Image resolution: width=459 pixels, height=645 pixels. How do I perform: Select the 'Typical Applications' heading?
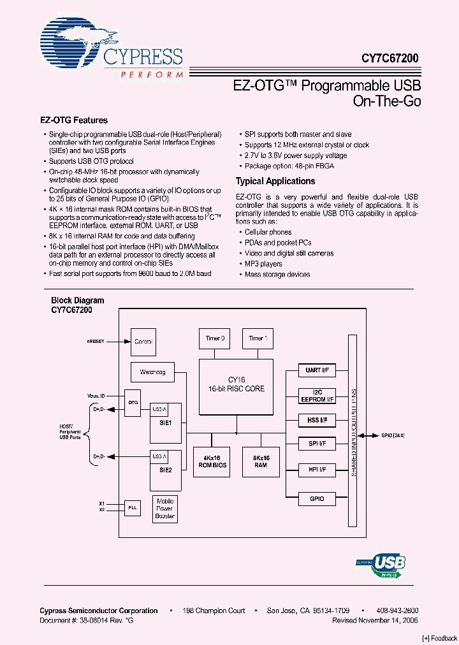275,181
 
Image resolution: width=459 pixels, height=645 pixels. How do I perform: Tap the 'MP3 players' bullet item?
263,264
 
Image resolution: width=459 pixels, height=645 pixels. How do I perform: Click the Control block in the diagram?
143,342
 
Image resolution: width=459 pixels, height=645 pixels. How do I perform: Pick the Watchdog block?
152,372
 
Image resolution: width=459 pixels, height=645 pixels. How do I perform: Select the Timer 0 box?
214,338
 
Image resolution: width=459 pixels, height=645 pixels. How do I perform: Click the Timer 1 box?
258,338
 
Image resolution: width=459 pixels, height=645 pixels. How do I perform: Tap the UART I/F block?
317,370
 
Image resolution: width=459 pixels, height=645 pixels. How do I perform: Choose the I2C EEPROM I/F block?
317,396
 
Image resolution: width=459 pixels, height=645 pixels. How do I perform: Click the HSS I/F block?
317,420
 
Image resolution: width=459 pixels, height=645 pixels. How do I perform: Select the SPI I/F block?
317,444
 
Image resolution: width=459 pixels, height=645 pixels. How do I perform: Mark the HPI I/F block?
317,470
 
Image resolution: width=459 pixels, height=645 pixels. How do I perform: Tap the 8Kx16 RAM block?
260,461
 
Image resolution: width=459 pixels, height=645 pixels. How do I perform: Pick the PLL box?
132,507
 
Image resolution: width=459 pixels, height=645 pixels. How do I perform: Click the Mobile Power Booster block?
165,509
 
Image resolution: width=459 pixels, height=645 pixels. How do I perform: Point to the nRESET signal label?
96,342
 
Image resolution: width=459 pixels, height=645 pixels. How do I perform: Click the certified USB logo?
381,565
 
